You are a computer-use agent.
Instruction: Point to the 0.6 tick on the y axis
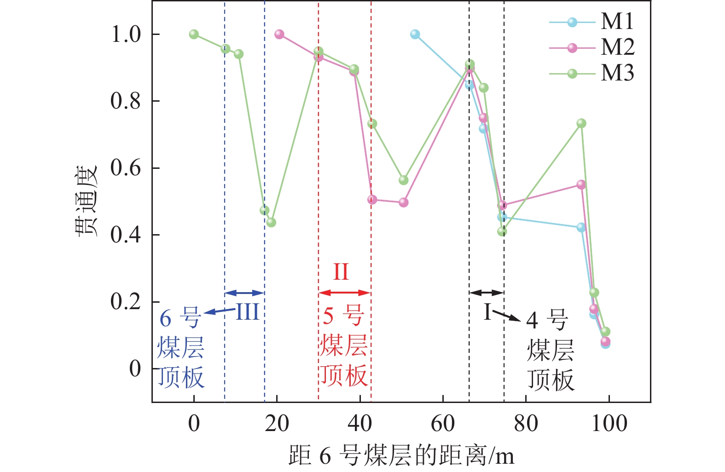(x=125, y=168)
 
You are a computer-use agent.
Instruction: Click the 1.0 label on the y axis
(x=125, y=34)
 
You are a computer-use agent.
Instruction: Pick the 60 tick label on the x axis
(x=443, y=423)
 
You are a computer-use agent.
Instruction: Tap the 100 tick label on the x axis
(x=609, y=423)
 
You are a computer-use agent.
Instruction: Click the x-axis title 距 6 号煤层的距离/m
(x=401, y=455)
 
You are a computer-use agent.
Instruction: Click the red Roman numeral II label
(x=341, y=271)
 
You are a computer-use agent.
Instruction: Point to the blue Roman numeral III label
(x=248, y=312)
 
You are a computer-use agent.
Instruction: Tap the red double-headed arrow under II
(x=344, y=293)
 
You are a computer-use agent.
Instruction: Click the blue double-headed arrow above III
(x=244, y=293)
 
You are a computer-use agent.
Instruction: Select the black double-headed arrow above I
(x=487, y=293)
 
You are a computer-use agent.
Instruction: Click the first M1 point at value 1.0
(x=415, y=34)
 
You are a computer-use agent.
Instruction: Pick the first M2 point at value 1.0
(x=279, y=34)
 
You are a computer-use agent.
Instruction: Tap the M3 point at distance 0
(x=194, y=34)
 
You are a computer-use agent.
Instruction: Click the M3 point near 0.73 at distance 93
(x=581, y=123)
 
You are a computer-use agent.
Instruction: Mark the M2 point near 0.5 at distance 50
(x=404, y=202)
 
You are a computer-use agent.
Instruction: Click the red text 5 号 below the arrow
(x=343, y=316)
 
